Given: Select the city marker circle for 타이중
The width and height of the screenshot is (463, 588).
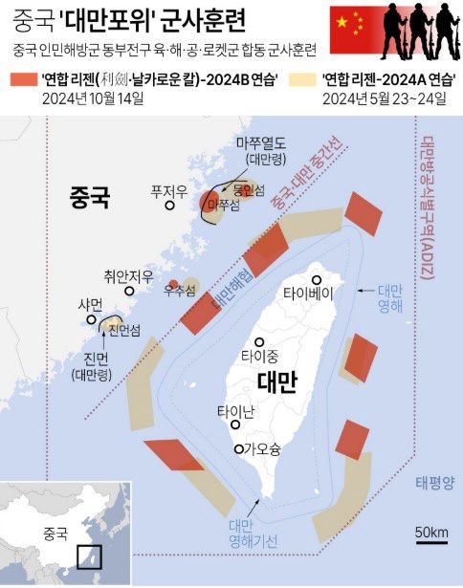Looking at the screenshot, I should point(258,342).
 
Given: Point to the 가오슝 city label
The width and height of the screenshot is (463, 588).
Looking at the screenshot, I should point(261,448).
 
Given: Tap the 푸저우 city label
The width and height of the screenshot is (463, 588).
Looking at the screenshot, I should point(168,191).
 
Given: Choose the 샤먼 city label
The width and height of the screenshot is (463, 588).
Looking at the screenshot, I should point(90,304).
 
